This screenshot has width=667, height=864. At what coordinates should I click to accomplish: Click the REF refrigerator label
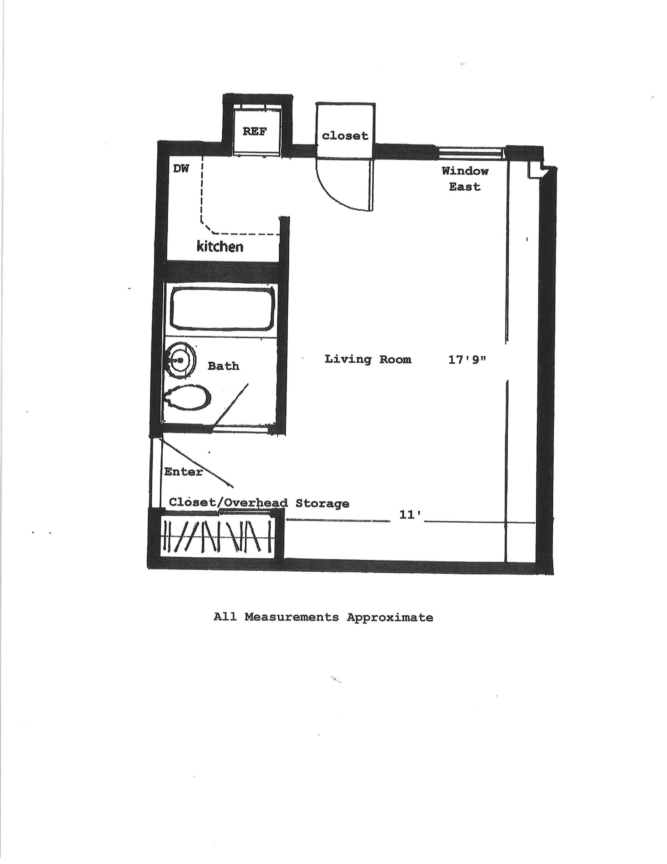[254, 131]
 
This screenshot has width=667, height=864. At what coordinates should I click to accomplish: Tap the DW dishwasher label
[181, 169]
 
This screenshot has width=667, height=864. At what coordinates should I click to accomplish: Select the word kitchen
[220, 247]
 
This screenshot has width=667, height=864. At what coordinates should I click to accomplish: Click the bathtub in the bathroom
[223, 309]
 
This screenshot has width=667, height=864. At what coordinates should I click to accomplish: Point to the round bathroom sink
[180, 360]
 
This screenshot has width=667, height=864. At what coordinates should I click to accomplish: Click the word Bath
[223, 366]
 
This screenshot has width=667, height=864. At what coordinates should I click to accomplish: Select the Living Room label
[368, 359]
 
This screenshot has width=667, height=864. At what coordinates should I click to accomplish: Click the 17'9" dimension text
[467, 360]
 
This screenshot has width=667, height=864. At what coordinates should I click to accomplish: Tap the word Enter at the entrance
[183, 471]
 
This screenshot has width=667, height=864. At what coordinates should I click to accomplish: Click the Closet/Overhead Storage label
[259, 503]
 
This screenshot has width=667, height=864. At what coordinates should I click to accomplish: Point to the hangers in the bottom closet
[217, 536]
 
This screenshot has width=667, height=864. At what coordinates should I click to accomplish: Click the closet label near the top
[345, 136]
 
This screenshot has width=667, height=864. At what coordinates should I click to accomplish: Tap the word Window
[465, 171]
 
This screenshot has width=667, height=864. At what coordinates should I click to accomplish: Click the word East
[464, 186]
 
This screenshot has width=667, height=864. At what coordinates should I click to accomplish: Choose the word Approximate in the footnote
[390, 617]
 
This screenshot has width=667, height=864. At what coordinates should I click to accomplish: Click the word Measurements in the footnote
[291, 617]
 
